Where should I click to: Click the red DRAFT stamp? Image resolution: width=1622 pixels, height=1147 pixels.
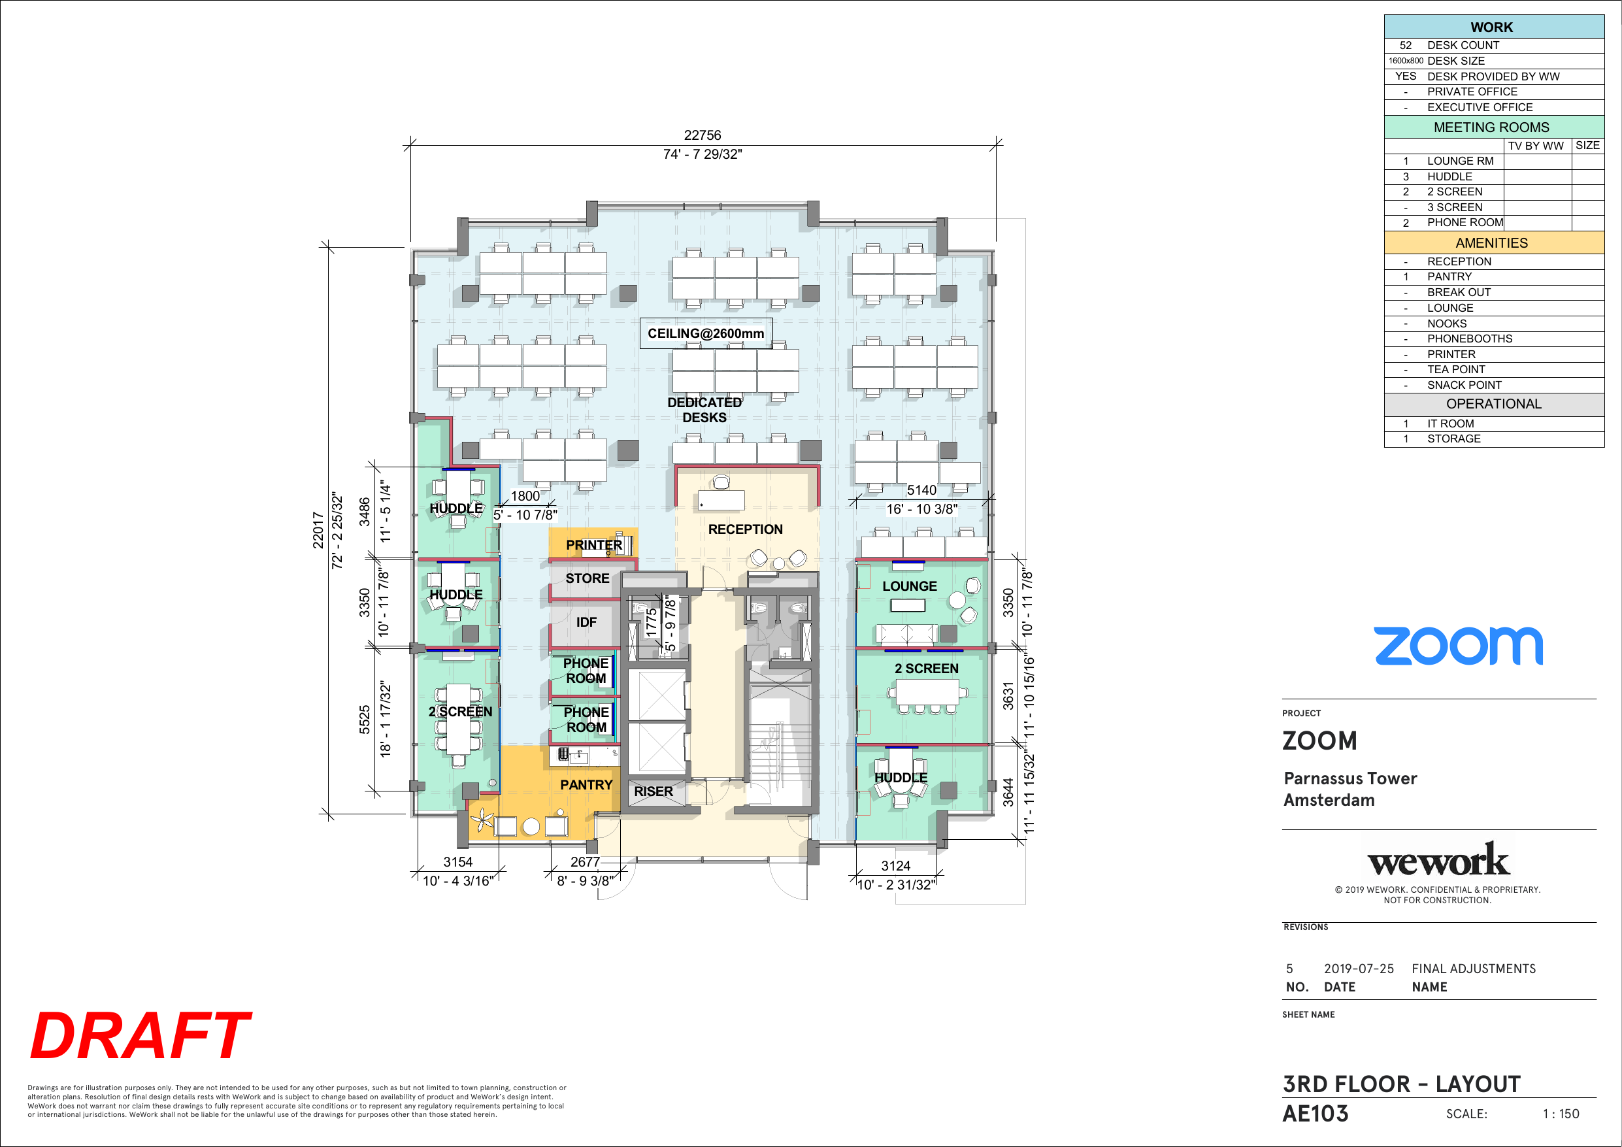(x=141, y=1035)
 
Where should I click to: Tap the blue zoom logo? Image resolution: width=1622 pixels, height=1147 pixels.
(x=1458, y=646)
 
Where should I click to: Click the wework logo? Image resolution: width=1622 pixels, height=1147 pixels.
(x=1438, y=860)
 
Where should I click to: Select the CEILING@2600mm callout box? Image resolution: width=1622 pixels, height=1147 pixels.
(x=706, y=333)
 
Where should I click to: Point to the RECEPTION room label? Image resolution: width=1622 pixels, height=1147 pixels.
(x=745, y=529)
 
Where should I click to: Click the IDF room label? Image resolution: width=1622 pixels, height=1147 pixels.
(x=586, y=622)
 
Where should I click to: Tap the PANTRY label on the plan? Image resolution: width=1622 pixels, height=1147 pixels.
(x=586, y=784)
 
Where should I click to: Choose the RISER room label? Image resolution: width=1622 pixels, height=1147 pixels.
(x=654, y=791)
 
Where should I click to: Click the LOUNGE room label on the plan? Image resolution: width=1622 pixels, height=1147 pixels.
(x=910, y=586)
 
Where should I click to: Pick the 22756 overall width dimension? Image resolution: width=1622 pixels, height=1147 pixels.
(x=703, y=135)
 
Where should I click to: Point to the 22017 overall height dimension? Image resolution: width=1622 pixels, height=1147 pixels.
(x=318, y=530)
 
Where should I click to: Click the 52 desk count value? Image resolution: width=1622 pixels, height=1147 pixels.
(x=1406, y=45)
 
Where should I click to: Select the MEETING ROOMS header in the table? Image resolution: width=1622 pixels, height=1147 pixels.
(x=1491, y=127)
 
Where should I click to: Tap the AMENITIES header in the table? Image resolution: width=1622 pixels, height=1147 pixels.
(x=1491, y=243)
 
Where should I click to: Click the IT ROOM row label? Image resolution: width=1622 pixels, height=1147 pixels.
(x=1450, y=424)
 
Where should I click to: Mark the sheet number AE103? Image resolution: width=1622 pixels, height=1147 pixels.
(x=1316, y=1114)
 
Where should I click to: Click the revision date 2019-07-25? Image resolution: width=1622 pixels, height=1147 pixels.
(x=1359, y=968)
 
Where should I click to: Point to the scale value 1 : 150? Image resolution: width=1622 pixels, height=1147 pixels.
(x=1561, y=1114)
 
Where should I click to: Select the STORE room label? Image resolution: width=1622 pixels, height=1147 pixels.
(x=587, y=578)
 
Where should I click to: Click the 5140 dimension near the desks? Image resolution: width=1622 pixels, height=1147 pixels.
(x=922, y=490)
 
